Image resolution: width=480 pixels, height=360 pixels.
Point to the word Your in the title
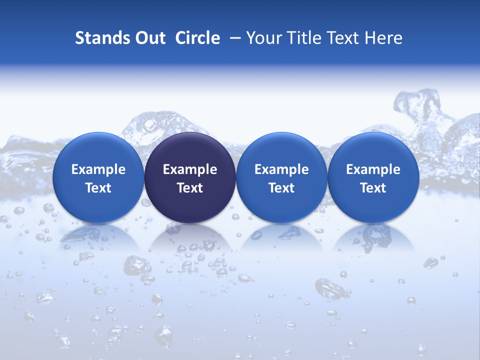pyautogui.click(x=262, y=38)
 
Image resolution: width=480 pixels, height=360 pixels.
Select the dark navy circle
pyautogui.click(x=190, y=178)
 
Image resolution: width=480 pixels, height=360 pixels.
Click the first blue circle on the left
pyautogui.click(x=98, y=178)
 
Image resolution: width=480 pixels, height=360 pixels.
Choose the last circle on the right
pyautogui.click(x=373, y=178)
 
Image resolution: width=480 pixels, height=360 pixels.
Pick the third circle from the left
pyautogui.click(x=281, y=178)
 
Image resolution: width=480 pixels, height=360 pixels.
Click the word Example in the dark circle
pyautogui.click(x=190, y=169)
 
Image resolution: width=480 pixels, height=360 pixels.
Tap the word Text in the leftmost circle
pyautogui.click(x=98, y=188)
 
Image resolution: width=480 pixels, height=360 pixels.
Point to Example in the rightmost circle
pyautogui.click(x=373, y=169)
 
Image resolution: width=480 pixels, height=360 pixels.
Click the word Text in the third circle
pyautogui.click(x=281, y=188)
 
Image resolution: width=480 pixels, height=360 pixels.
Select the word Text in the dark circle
pyautogui.click(x=190, y=188)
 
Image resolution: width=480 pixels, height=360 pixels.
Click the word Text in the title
pyautogui.click(x=344, y=38)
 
